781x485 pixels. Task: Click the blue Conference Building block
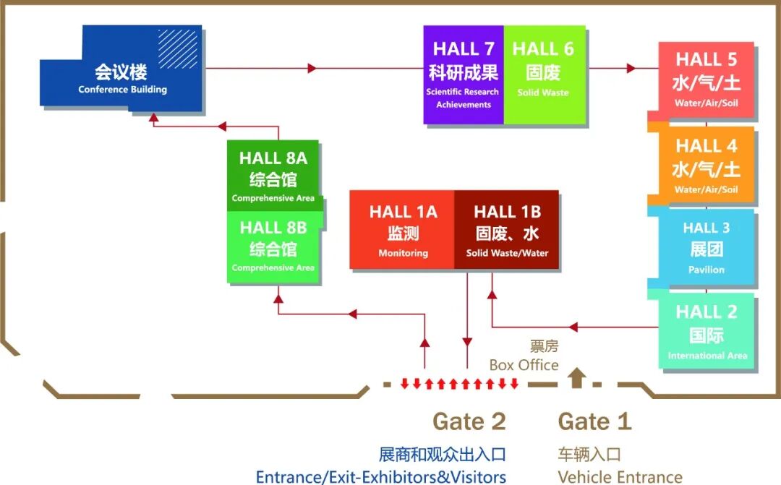(121, 79)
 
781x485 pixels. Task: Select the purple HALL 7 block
(463, 75)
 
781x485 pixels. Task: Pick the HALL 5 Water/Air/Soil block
(706, 80)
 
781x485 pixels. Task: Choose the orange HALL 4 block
(706, 165)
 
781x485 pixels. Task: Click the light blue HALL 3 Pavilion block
(706, 248)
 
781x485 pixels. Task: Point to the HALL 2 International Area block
(707, 332)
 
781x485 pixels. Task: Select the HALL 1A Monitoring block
(403, 231)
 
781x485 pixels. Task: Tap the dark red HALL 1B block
(507, 231)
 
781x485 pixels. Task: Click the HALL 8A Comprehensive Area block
(273, 176)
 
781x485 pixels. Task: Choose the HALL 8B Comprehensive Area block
(273, 246)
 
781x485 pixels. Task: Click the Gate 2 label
(469, 421)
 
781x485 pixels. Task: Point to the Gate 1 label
(594, 421)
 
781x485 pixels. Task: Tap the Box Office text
(524, 364)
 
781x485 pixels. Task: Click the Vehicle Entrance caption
(620, 476)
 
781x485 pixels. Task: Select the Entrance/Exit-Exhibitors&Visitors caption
(380, 476)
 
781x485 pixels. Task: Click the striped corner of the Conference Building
(178, 47)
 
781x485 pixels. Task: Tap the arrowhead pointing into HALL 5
(631, 68)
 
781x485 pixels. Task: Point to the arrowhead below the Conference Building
(153, 118)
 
